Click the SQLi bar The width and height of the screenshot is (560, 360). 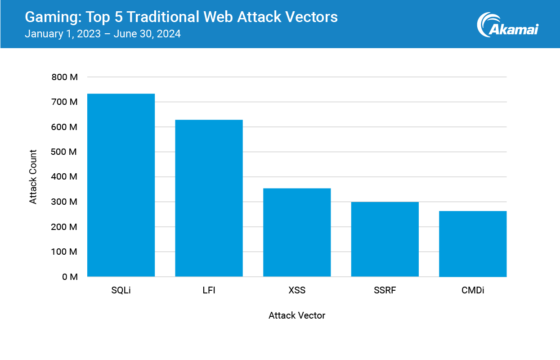(x=121, y=185)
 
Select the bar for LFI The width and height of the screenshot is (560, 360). (x=209, y=198)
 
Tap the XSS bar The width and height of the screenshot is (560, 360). (x=297, y=232)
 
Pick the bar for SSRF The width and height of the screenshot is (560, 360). (x=385, y=239)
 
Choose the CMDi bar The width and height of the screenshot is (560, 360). (x=473, y=243)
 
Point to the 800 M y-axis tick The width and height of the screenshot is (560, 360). (x=65, y=77)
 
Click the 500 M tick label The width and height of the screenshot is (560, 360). (x=65, y=152)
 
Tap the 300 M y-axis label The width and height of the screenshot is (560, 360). (x=65, y=202)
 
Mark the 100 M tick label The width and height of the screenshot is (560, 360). (x=65, y=252)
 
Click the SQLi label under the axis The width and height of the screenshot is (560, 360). (x=121, y=290)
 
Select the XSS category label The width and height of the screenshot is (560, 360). (x=297, y=290)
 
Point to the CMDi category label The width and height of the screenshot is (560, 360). (x=473, y=290)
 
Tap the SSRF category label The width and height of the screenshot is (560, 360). (x=385, y=290)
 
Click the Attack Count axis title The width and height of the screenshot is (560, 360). (x=33, y=177)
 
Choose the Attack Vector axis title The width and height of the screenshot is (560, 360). (x=297, y=315)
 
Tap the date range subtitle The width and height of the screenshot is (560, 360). (x=103, y=34)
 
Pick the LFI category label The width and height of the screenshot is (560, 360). (x=209, y=290)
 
